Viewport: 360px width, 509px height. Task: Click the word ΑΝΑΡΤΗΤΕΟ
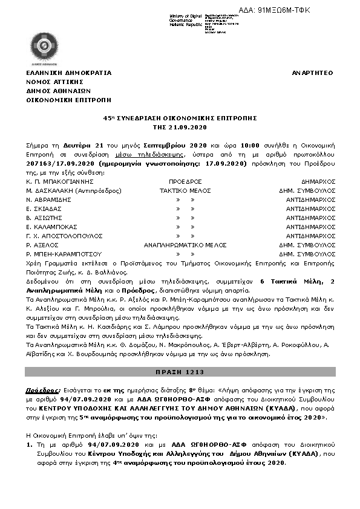(312, 73)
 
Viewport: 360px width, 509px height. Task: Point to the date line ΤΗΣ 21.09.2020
(180, 128)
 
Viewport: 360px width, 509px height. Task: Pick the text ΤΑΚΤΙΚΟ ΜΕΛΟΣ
(185, 190)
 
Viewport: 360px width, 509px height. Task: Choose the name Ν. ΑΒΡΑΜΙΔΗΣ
(49, 199)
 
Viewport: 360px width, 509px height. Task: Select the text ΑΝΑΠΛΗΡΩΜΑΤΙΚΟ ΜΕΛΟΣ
(185, 245)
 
